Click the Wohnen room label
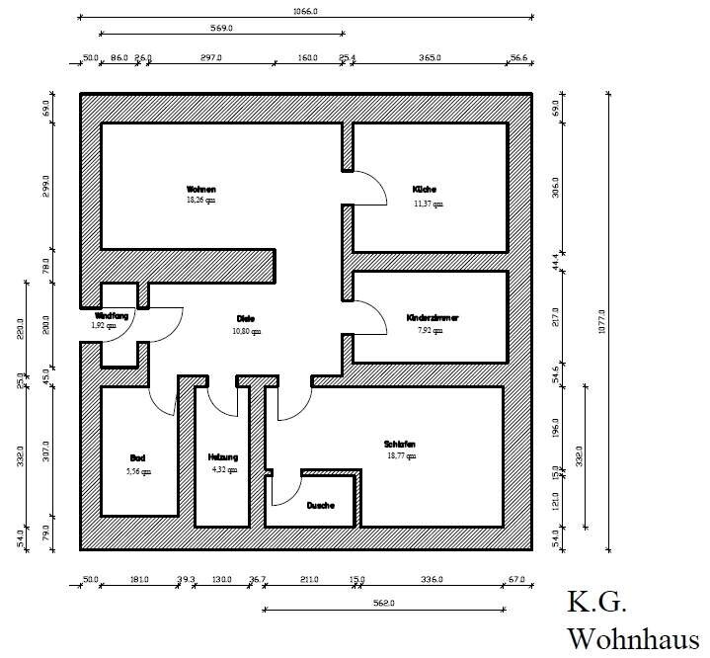tap(200, 189)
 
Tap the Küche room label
tap(425, 189)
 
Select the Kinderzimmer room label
tap(433, 318)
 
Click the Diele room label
tap(246, 318)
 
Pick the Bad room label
tap(137, 457)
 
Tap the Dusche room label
tap(320, 506)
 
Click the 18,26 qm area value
tap(200, 201)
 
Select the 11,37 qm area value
tap(428, 205)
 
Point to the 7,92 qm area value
tap(431, 331)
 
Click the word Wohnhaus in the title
tap(632, 636)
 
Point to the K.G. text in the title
tap(596, 602)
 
